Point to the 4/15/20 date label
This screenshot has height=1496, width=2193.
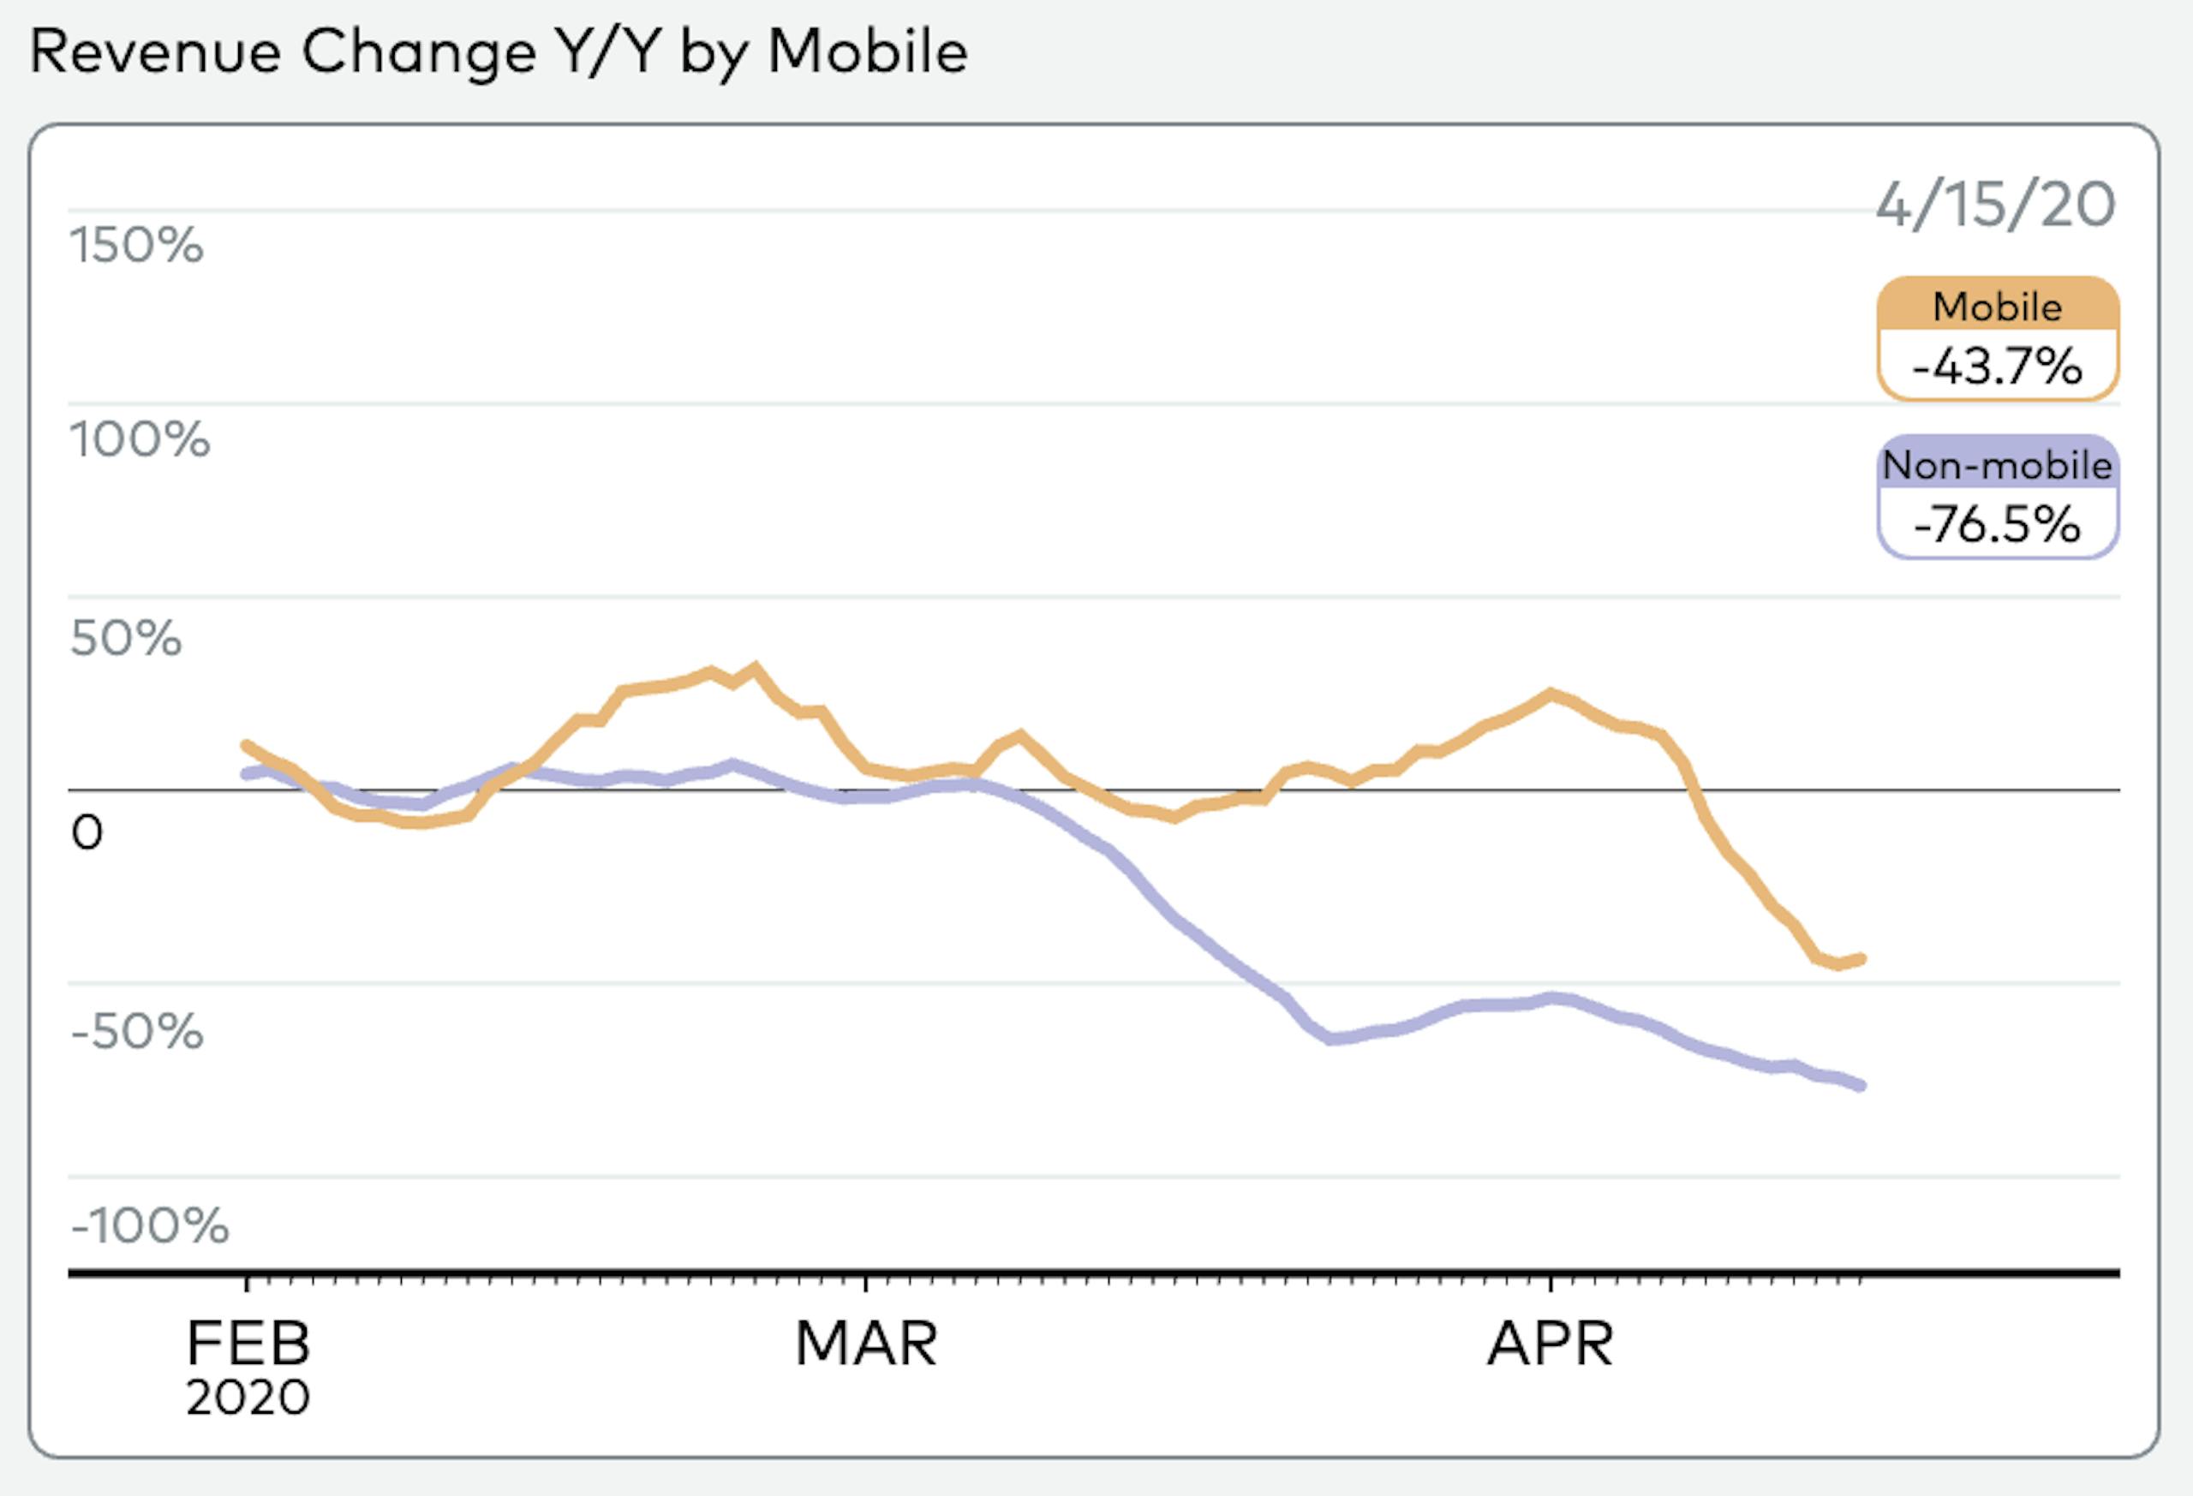[1995, 205]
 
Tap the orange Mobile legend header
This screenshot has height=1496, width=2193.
[1997, 307]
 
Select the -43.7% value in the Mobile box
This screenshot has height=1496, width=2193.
[1997, 366]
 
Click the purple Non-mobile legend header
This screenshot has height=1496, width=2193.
[1997, 465]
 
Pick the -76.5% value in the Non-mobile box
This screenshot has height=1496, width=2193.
[1997, 524]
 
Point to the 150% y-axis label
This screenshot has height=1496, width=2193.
[137, 245]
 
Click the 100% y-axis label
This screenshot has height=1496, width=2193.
[140, 439]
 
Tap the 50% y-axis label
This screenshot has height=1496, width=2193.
[126, 639]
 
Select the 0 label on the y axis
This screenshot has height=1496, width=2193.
[87, 833]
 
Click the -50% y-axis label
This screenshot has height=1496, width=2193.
[137, 1031]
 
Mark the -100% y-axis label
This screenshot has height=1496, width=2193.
[149, 1226]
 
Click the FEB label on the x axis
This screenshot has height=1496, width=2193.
[248, 1344]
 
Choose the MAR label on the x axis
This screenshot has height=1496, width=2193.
[866, 1344]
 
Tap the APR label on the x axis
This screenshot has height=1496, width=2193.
[1551, 1344]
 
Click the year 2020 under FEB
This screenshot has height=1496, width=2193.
[248, 1397]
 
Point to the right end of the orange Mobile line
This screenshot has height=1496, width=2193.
[1861, 959]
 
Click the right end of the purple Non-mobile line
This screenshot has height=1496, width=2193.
[1861, 1086]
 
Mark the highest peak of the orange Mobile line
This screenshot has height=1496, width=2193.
[754, 667]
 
